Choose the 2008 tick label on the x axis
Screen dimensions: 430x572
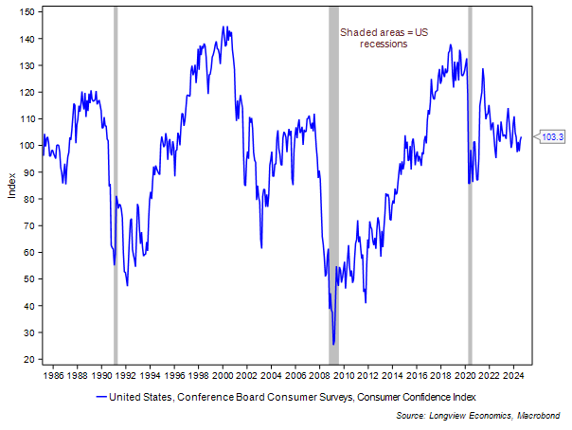pos(321,375)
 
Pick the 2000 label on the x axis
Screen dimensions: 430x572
pos(223,375)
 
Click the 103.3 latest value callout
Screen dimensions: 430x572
pos(553,137)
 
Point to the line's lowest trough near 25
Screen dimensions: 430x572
pos(333,344)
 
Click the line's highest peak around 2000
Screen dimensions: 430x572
pos(223,27)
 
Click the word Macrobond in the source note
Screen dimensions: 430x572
pos(541,417)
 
